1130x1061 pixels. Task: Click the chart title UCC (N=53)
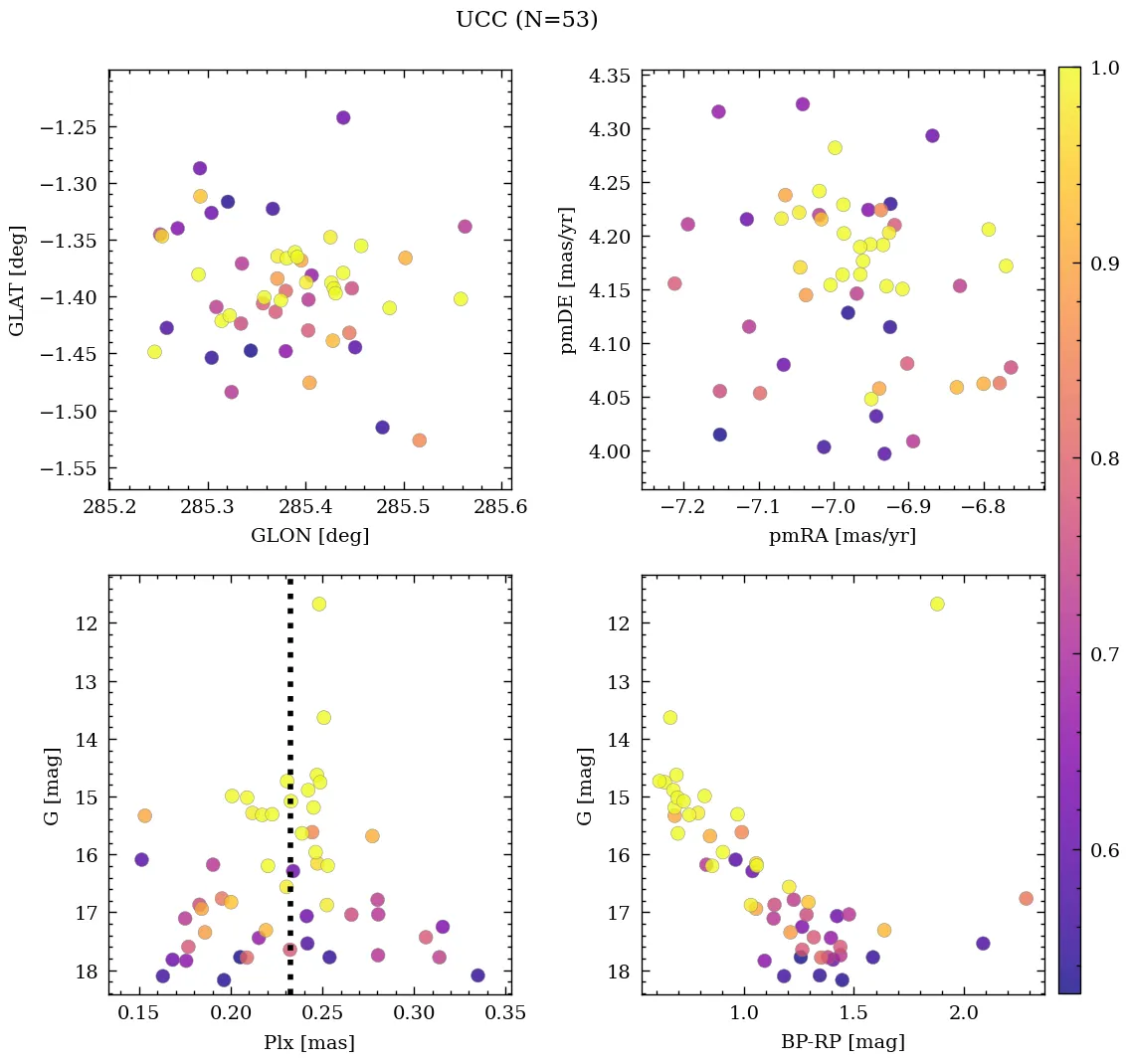click(526, 20)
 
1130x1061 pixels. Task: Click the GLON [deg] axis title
click(309, 536)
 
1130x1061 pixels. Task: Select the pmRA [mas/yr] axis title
click(842, 536)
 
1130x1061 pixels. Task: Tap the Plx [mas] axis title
click(309, 1042)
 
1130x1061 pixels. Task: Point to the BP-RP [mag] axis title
click(842, 1042)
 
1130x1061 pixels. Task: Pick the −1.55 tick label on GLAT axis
click(69, 468)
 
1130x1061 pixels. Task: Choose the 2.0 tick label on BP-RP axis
click(964, 1013)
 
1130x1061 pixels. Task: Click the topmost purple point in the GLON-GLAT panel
click(343, 117)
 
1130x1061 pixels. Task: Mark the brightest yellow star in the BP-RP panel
click(937, 604)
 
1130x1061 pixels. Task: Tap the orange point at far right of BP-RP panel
click(1026, 898)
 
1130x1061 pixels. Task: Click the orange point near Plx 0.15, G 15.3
click(144, 815)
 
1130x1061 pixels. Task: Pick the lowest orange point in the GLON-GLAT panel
click(419, 440)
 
